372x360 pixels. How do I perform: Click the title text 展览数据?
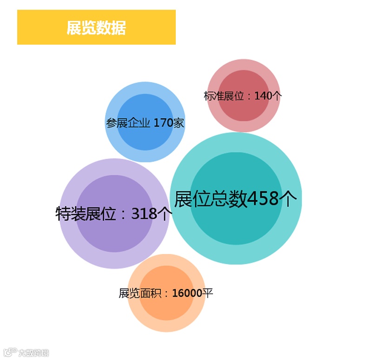96,28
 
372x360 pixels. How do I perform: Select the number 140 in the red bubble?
262,96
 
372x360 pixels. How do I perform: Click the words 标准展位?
224,96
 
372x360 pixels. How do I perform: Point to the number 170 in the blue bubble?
163,123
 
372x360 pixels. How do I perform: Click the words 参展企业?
128,123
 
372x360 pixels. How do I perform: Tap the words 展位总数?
211,199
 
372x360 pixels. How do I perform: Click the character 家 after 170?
179,123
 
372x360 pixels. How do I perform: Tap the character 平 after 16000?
208,293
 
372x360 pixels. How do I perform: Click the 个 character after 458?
288,199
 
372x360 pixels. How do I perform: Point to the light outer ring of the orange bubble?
166,326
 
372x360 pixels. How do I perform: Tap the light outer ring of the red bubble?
243,65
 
